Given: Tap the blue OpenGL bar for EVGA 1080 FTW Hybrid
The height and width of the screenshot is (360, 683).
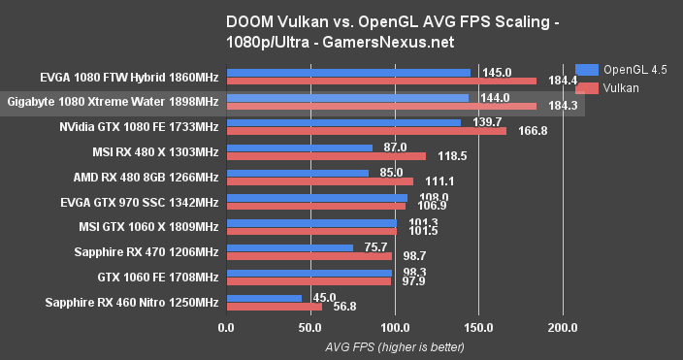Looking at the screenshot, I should tap(347, 73).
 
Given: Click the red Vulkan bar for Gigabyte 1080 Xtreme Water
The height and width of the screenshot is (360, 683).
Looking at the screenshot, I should tap(380, 107).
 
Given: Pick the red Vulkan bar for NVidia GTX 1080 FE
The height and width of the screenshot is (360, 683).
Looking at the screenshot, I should tap(366, 131).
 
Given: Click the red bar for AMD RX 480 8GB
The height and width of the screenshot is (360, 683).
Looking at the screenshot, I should tap(319, 181).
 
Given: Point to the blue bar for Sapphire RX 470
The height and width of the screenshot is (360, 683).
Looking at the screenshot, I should tap(289, 247).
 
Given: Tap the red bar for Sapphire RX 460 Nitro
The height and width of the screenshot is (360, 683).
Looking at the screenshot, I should tap(274, 307).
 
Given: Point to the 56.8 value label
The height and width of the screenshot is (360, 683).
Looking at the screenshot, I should tap(346, 307).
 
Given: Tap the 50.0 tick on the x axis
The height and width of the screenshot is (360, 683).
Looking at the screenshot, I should tap(310, 328).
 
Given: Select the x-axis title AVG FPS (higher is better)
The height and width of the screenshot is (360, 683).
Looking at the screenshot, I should tap(394, 346).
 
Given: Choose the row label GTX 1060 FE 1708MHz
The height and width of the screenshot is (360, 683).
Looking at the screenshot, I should tap(153, 277).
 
